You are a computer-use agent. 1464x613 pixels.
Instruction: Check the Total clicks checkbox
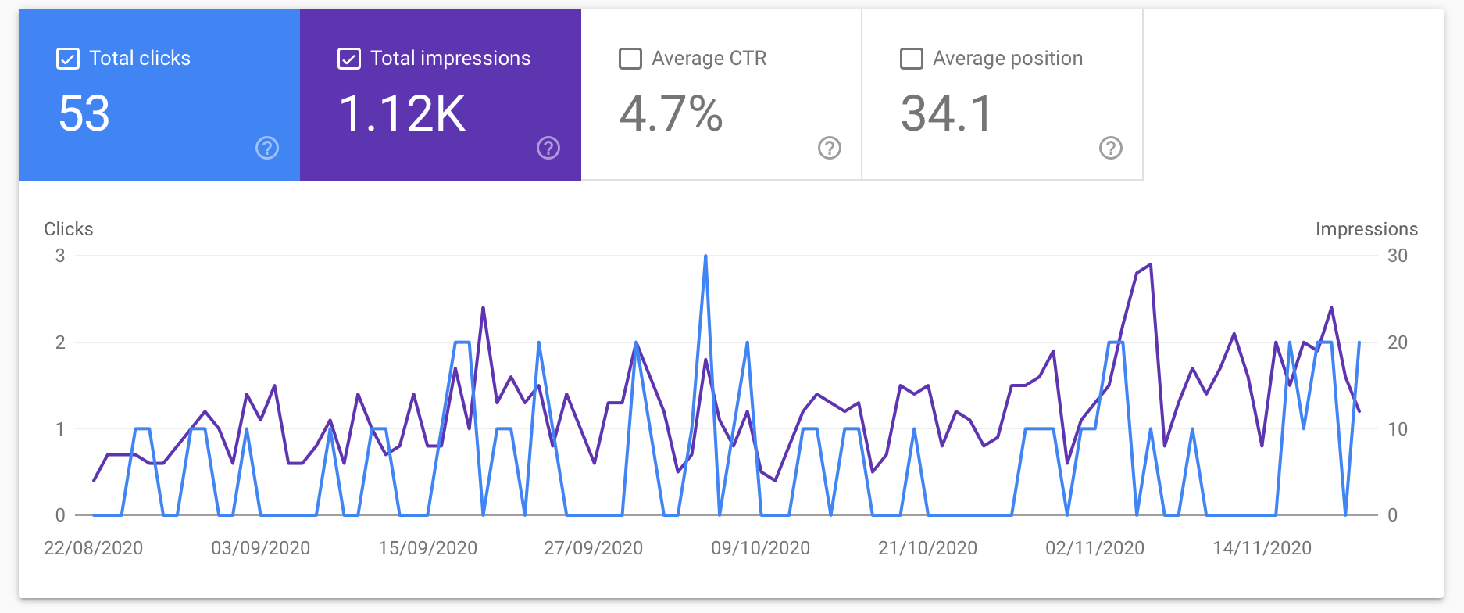(x=68, y=59)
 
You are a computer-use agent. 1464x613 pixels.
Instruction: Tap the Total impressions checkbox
(x=349, y=59)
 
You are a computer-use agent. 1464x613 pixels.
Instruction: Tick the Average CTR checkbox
(x=630, y=59)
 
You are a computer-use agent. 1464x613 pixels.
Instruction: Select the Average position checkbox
(x=912, y=59)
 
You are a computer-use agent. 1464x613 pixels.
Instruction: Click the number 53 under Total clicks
(x=84, y=113)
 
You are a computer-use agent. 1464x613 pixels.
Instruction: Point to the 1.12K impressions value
(x=402, y=113)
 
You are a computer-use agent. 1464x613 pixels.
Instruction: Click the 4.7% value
(x=670, y=113)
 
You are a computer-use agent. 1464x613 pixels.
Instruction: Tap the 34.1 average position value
(x=947, y=113)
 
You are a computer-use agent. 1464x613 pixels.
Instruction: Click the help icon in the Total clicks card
(x=267, y=148)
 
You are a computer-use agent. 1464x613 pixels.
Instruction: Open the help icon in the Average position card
(x=1111, y=148)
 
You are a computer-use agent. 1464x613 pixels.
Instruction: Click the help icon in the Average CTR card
(x=830, y=148)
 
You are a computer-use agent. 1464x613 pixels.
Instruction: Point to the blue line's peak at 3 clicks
(x=705, y=256)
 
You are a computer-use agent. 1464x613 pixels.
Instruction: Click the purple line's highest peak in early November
(x=1150, y=265)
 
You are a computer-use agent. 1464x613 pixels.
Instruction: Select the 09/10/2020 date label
(x=760, y=548)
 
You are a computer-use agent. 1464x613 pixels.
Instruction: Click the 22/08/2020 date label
(x=93, y=548)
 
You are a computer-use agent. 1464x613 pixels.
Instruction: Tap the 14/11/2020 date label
(x=1262, y=548)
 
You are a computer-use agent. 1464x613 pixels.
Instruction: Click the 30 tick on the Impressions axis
(x=1397, y=256)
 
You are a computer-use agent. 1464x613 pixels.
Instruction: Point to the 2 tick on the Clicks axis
(x=60, y=342)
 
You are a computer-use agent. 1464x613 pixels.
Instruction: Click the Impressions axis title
(x=1366, y=229)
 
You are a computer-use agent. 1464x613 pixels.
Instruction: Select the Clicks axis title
(x=69, y=229)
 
